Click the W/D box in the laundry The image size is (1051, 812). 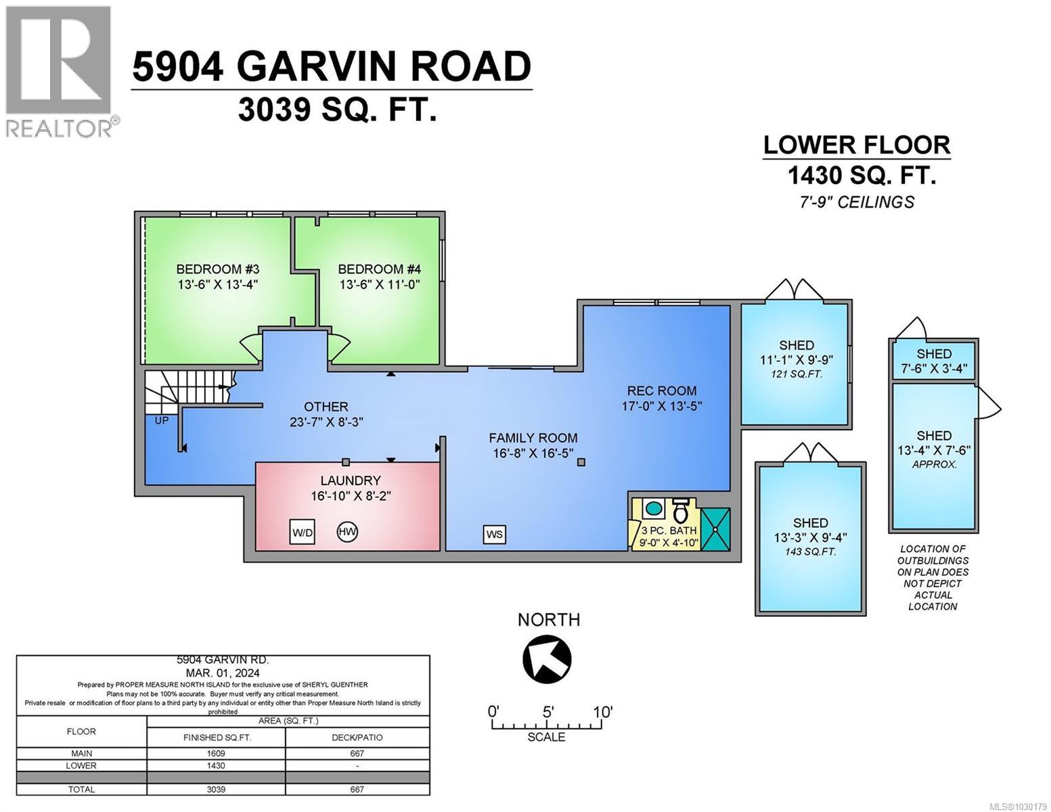[x=302, y=532]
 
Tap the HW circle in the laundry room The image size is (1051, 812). [x=347, y=531]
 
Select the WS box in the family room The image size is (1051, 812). [x=495, y=534]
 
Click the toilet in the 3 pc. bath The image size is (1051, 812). [x=680, y=512]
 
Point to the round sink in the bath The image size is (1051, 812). [x=653, y=507]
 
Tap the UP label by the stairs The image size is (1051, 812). [x=162, y=420]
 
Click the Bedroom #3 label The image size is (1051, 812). [x=218, y=269]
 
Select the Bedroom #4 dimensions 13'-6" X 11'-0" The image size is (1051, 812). [x=380, y=285]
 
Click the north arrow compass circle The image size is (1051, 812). [x=547, y=658]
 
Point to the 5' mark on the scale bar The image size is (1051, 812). [x=548, y=713]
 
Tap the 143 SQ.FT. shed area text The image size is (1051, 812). [x=810, y=551]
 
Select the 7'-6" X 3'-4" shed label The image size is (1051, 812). [x=934, y=369]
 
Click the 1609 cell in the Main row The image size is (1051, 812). [x=216, y=753]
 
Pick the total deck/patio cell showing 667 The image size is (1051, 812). [x=357, y=789]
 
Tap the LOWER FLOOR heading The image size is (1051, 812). [x=856, y=145]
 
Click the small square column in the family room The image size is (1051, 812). [x=581, y=462]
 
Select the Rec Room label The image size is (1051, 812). [x=661, y=390]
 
